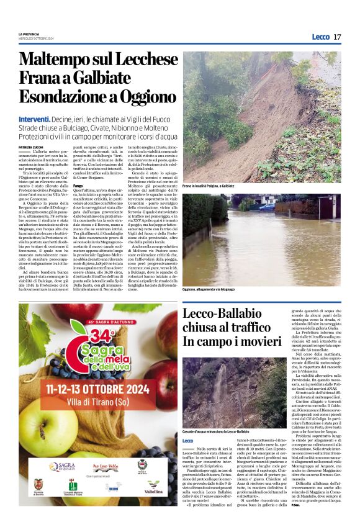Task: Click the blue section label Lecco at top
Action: tap(320, 37)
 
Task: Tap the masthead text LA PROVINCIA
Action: tap(29, 34)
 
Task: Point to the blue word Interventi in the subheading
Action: tap(35, 119)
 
